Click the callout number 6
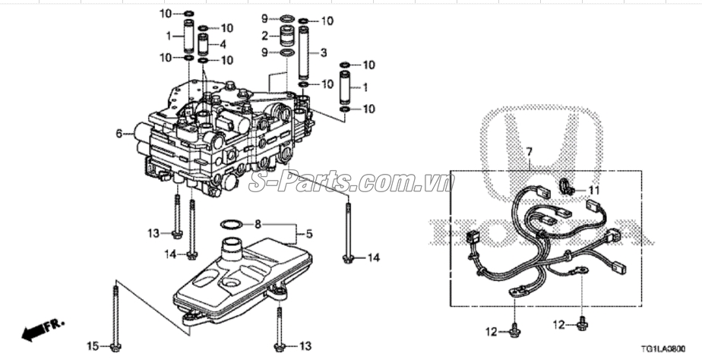point(119,134)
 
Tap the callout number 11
point(594,190)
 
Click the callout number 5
point(308,234)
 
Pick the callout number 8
point(258,224)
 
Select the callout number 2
point(265,36)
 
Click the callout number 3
point(323,52)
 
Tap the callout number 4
point(223,44)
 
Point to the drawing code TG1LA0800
point(660,348)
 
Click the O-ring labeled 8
point(232,224)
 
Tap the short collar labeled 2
point(287,36)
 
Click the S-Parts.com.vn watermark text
point(351,182)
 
